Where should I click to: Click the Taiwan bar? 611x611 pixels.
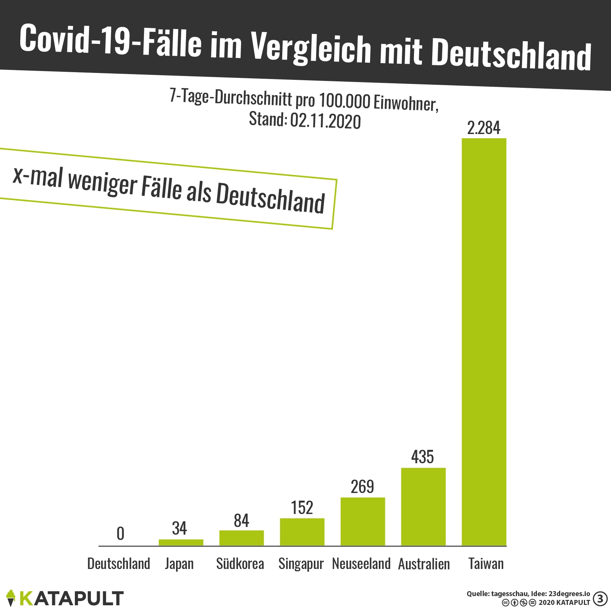(484, 342)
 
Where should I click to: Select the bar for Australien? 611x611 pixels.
(423, 506)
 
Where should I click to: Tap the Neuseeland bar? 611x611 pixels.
(362, 521)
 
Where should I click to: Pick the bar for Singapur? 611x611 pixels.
(302, 532)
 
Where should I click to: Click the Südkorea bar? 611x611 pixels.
(241, 538)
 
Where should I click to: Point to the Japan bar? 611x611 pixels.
(181, 542)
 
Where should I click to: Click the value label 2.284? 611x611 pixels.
(483, 128)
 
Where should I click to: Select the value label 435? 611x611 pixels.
(422, 457)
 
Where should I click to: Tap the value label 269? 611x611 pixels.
(362, 487)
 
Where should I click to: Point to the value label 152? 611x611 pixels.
(302, 508)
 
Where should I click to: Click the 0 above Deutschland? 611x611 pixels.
(120, 534)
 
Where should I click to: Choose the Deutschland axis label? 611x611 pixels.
(119, 564)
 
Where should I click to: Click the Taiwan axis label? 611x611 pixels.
(486, 564)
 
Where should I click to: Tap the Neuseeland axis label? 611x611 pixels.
(361, 564)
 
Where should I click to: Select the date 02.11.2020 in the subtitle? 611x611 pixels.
(325, 121)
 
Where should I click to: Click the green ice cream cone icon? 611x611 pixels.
(11, 598)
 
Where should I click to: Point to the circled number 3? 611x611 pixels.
(600, 599)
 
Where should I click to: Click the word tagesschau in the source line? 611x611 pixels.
(510, 594)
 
